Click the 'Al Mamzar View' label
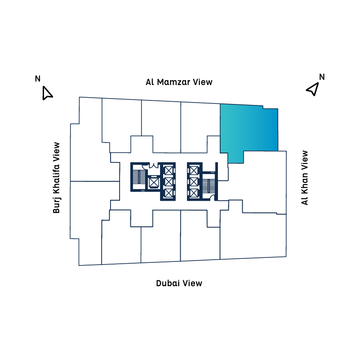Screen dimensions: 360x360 [179, 82]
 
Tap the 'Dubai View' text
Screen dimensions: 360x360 [179, 283]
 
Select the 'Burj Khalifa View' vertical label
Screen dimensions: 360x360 [57, 178]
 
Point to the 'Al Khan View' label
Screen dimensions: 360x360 [305, 178]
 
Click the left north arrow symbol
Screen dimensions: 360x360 [47, 93]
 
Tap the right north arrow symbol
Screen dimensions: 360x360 [312, 89]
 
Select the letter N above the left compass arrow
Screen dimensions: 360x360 [38, 79]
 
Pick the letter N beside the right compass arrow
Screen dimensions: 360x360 [322, 76]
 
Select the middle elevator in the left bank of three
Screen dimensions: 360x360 [168, 181]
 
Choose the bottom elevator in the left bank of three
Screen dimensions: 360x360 [168, 193]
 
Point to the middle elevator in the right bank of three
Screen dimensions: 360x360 [193, 181]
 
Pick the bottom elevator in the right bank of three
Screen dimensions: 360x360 [193, 193]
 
